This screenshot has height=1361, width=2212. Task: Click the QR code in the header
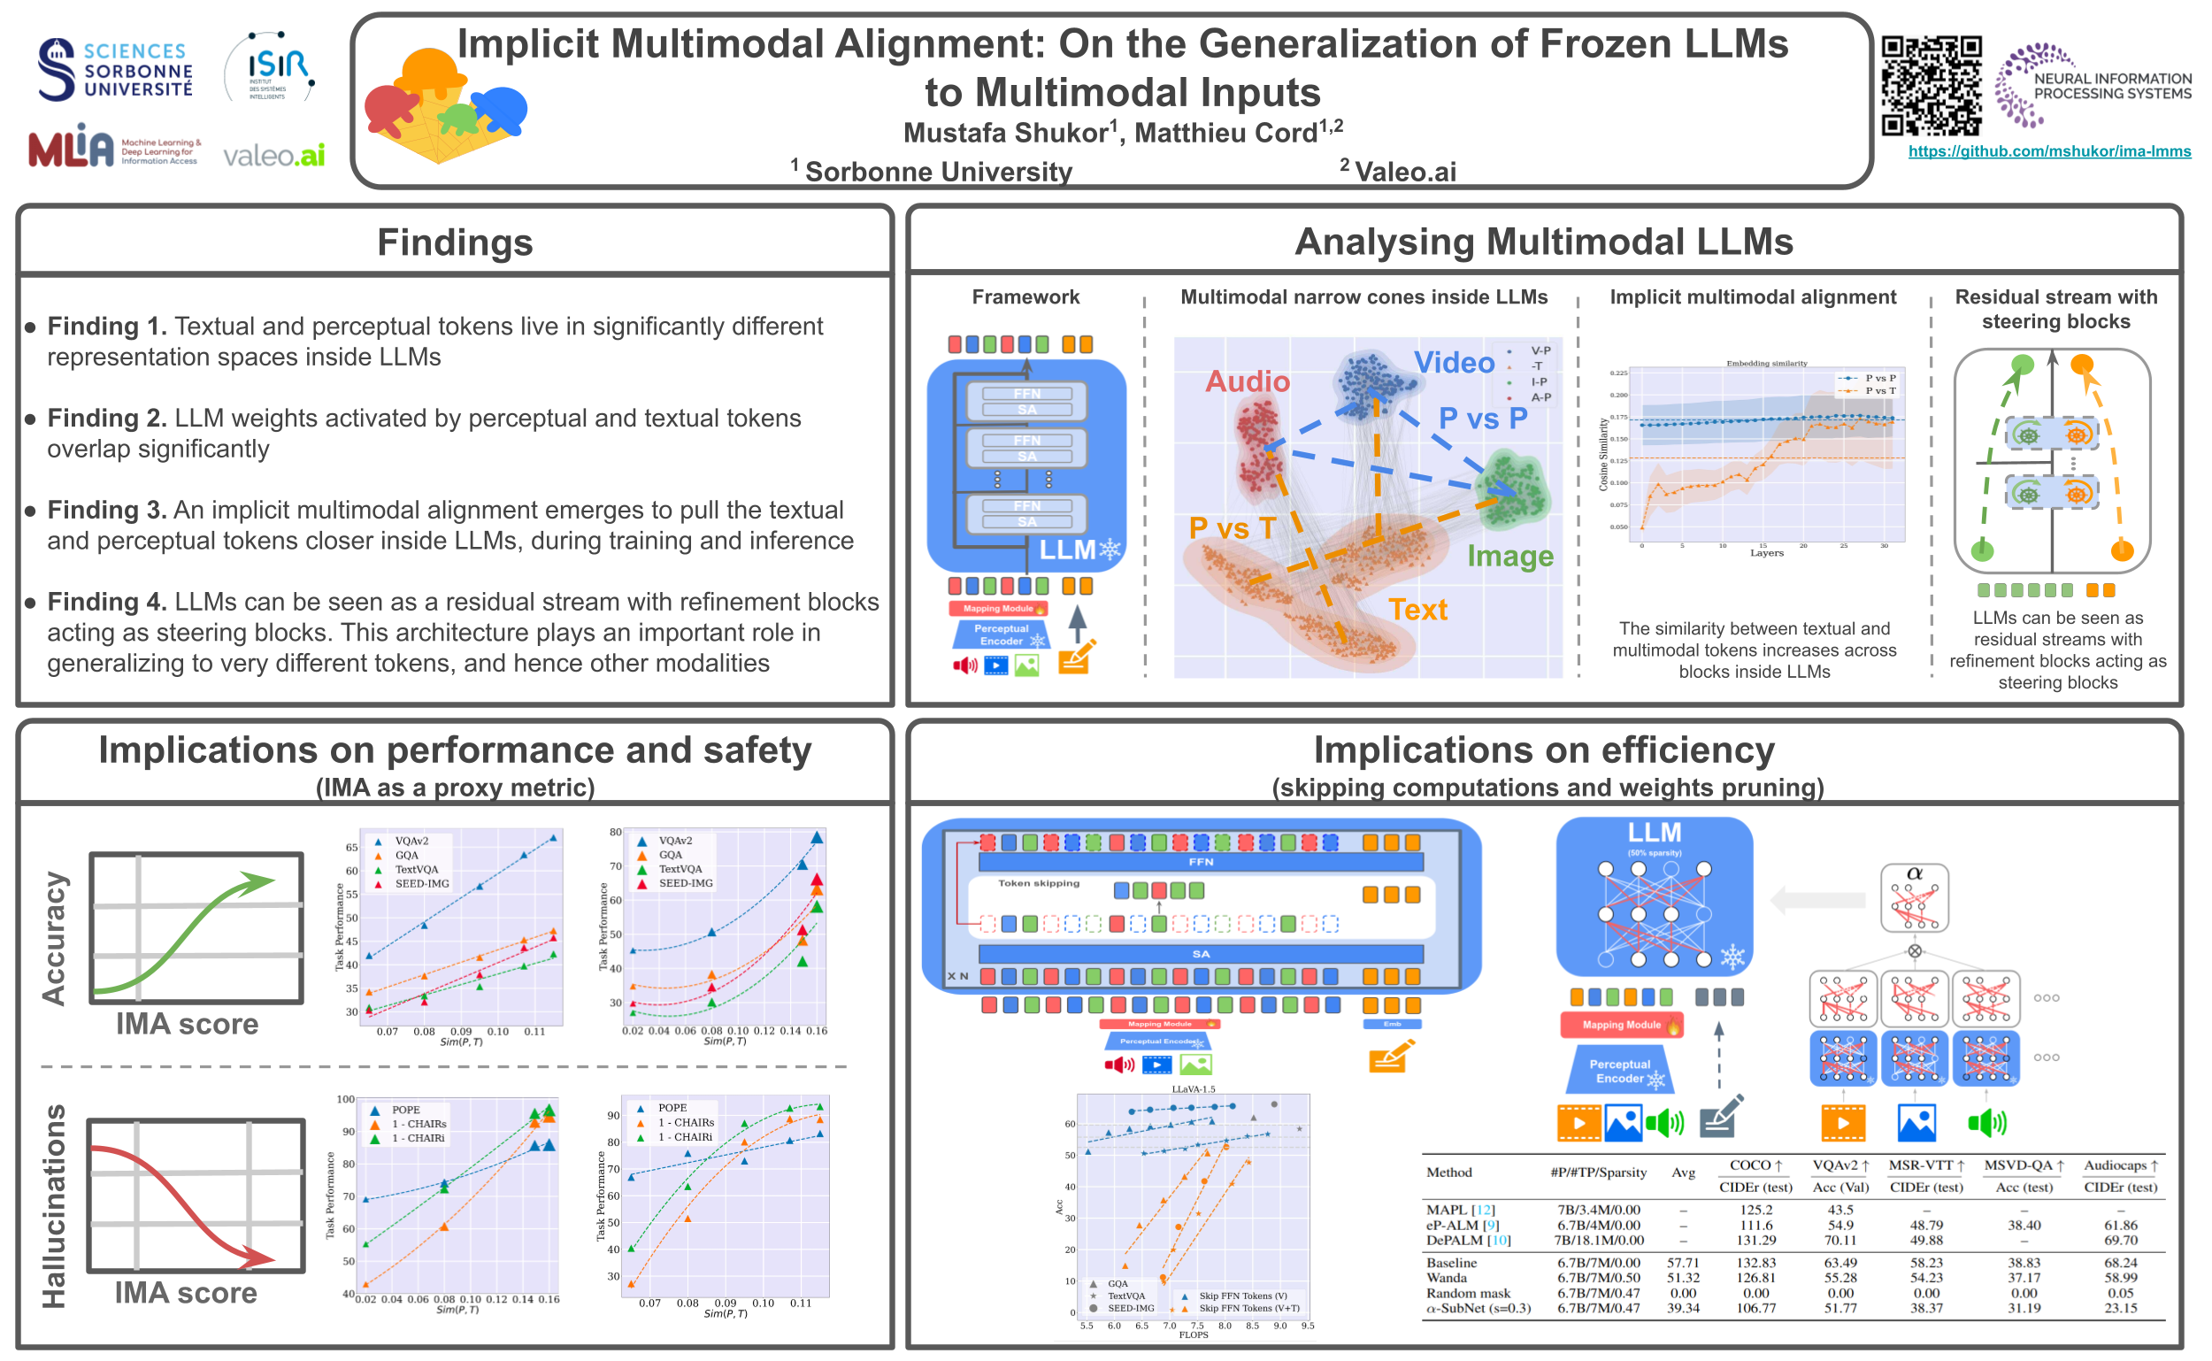pos(1931,86)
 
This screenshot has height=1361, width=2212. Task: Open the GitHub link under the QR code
pos(2048,151)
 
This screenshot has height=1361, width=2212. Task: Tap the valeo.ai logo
pos(273,156)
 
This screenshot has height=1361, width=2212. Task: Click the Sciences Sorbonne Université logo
pos(115,69)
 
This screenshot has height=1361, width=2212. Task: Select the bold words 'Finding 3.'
pos(106,511)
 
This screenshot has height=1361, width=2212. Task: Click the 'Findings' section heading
pos(455,243)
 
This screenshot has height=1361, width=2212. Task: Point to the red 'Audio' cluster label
pos(1248,381)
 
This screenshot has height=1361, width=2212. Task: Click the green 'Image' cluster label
pos(1510,557)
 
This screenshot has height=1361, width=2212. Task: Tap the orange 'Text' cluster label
pos(1417,611)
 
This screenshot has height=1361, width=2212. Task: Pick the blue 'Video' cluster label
pos(1454,363)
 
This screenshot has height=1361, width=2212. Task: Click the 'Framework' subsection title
pos(1025,297)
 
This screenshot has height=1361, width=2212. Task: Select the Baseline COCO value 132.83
pos(1755,1263)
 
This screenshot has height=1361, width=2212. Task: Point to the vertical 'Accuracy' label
pos(54,938)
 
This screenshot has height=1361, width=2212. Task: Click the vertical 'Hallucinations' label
pos(54,1206)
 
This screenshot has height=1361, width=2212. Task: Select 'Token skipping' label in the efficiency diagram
pos(1039,883)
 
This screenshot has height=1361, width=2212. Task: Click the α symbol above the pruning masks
pos(1914,873)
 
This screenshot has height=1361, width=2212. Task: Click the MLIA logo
pos(72,147)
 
